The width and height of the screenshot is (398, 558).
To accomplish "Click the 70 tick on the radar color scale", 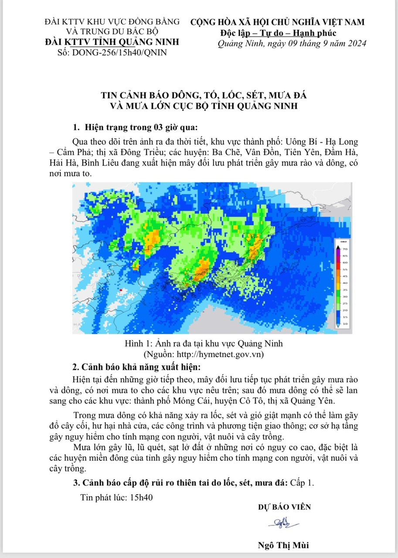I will (x=344, y=248).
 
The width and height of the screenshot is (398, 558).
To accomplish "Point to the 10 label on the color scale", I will (x=344, y=324).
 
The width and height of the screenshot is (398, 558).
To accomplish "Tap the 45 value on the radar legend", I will (x=344, y=276).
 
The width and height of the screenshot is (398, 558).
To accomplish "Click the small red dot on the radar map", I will (x=120, y=290).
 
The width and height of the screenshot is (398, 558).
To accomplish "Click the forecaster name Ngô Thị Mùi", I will (x=284, y=545).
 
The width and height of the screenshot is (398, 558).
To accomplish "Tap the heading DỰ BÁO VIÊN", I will (x=284, y=507).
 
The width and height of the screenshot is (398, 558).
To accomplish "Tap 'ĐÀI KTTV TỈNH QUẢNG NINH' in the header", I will (x=112, y=42).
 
